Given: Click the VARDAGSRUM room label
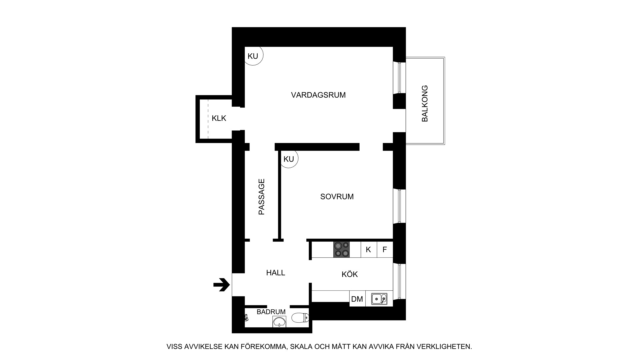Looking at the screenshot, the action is pyautogui.click(x=318, y=95).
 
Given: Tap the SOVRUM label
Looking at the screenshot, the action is pyautogui.click(x=337, y=197).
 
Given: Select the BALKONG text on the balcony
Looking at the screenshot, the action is pyautogui.click(x=425, y=103).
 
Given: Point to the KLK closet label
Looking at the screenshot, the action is pyautogui.click(x=219, y=118).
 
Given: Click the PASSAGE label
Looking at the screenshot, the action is pyautogui.click(x=262, y=197).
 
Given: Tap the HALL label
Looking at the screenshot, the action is pyautogui.click(x=275, y=273).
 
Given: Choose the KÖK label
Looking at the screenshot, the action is pyautogui.click(x=349, y=274).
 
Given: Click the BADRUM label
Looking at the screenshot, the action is pyautogui.click(x=271, y=312).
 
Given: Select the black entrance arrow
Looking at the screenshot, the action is pyautogui.click(x=222, y=285).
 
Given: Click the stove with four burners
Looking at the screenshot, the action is pyautogui.click(x=341, y=249).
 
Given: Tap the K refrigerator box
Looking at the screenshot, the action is pyautogui.click(x=369, y=250).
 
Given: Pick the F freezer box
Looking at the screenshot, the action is pyautogui.click(x=385, y=250).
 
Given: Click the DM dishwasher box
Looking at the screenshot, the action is pyautogui.click(x=357, y=299).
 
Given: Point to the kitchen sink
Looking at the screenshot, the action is pyautogui.click(x=379, y=299).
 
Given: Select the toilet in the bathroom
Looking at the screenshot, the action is pyautogui.click(x=300, y=318).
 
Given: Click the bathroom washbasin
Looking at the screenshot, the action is pyautogui.click(x=279, y=322).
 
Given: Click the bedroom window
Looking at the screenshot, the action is pyautogui.click(x=399, y=206).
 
